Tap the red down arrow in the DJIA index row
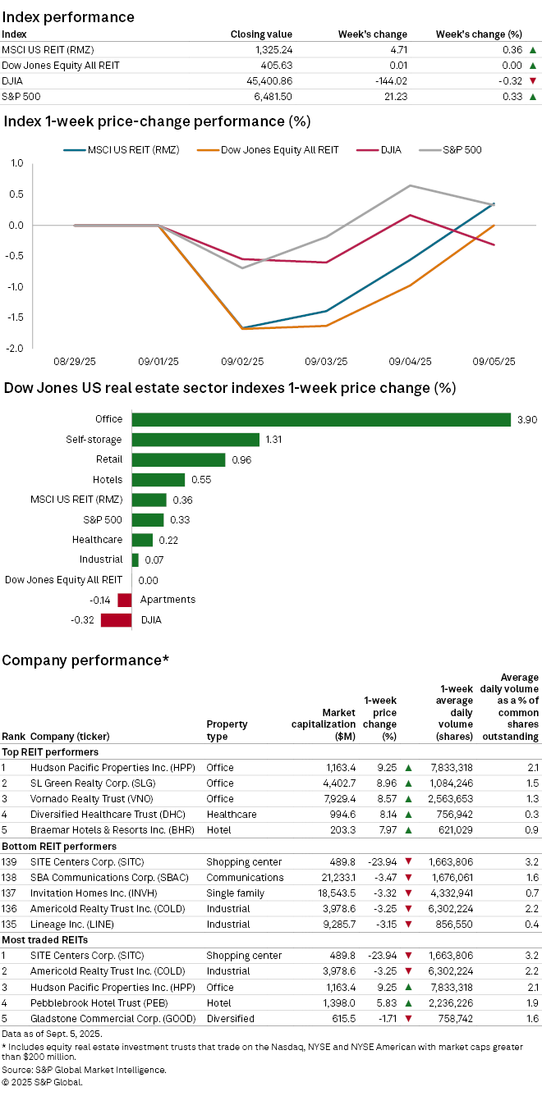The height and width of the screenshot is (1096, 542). (x=532, y=80)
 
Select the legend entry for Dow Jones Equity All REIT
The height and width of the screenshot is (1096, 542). (x=270, y=150)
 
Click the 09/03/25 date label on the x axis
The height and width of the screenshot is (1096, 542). (x=326, y=361)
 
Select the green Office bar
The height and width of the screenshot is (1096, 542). (x=321, y=419)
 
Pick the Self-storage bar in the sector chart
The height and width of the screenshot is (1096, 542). (x=195, y=440)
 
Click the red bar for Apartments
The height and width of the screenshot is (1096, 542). (x=125, y=600)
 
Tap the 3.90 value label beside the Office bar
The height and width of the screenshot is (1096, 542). (x=526, y=419)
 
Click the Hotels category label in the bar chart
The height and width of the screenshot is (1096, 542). (x=108, y=480)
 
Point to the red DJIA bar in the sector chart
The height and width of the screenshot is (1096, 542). (x=116, y=620)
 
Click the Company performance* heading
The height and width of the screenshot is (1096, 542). (x=85, y=660)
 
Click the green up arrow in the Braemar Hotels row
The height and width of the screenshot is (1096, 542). (x=407, y=830)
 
